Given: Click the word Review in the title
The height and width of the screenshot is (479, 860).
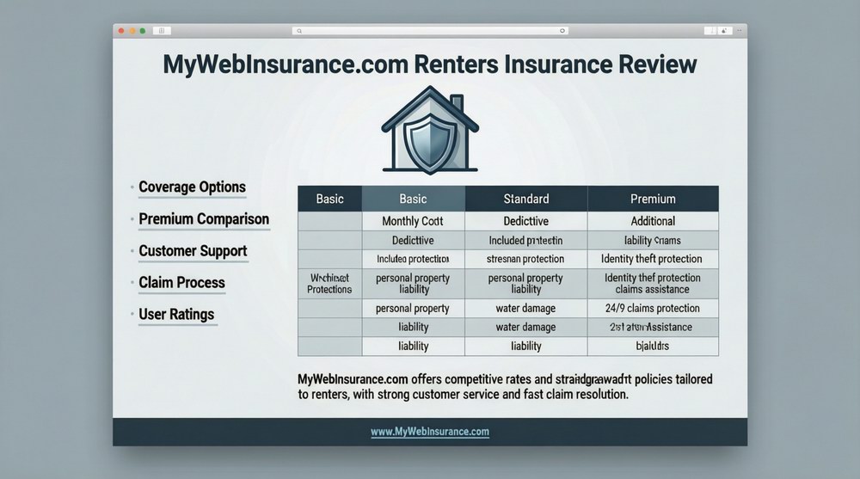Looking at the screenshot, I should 649,65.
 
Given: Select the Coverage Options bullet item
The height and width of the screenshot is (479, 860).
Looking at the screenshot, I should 192,187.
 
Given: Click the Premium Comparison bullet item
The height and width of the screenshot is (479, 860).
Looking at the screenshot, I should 204,219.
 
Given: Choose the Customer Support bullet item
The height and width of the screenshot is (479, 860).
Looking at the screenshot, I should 193,251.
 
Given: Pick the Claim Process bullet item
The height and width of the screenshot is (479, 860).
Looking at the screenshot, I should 181,283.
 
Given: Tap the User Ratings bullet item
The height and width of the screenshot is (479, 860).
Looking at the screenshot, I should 176,315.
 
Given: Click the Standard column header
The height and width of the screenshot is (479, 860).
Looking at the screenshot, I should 525,199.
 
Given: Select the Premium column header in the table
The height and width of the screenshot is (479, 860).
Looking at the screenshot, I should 653,199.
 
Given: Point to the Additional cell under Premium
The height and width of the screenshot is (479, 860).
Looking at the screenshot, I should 653,221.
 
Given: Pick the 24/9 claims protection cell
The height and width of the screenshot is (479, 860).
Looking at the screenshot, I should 653,308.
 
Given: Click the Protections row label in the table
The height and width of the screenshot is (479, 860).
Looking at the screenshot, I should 329,284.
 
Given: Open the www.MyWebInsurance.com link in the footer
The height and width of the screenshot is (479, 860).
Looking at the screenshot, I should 430,432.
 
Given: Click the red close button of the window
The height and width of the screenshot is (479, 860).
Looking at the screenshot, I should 121,30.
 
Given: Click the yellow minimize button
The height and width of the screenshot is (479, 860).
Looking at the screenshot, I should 131,30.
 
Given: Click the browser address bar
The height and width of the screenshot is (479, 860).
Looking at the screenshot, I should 430,30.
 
